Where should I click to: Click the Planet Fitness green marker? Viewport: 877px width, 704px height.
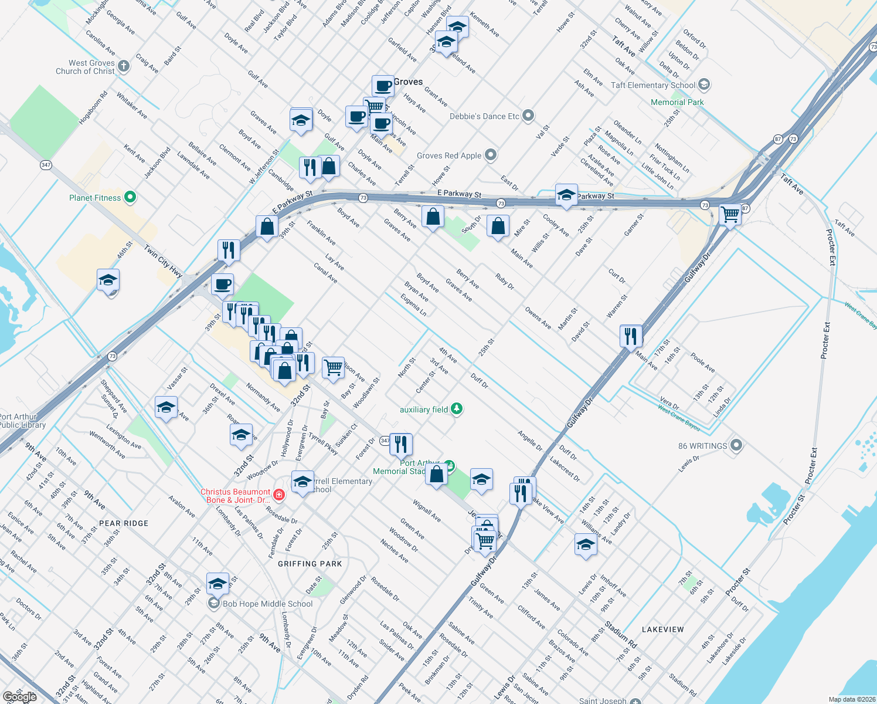coord(130,198)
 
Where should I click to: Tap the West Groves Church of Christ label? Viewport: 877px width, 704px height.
coord(86,67)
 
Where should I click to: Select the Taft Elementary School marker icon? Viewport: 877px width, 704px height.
coord(704,85)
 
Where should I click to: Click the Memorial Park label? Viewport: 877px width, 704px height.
coord(677,102)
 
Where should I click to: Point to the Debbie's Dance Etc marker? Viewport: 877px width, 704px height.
coord(528,116)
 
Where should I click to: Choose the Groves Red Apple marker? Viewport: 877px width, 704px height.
coord(491,155)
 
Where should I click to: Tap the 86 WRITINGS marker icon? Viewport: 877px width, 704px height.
coord(736,446)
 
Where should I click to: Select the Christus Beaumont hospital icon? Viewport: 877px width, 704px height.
coord(279,496)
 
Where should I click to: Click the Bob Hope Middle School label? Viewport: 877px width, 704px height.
coord(267,604)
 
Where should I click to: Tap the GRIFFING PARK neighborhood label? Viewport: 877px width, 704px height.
coord(310,564)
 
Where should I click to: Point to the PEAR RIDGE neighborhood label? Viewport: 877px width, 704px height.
coord(124,523)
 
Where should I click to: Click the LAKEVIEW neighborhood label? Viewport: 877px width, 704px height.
coord(662,629)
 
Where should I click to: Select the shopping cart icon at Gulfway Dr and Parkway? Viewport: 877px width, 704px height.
coord(730,214)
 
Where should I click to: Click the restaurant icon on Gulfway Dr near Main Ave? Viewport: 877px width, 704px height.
coord(631,336)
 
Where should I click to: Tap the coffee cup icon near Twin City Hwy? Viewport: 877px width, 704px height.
coord(222,285)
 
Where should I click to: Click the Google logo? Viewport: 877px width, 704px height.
coord(19,696)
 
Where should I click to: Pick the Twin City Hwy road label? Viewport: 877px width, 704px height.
coord(164,261)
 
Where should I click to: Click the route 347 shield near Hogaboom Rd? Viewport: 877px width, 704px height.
coord(46,165)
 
